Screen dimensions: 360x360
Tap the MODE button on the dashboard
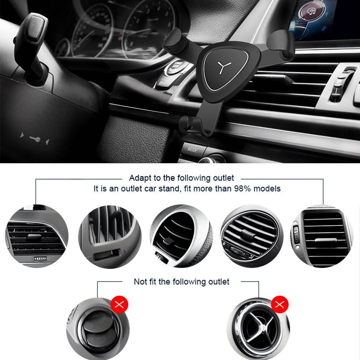point(192,150)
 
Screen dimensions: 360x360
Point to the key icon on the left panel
point(35,138)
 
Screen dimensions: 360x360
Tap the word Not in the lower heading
point(140,282)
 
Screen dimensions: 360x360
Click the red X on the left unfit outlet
point(119,304)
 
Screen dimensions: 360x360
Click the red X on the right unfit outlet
point(280,304)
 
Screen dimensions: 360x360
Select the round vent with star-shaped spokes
point(258,328)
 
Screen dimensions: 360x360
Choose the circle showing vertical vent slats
point(110,236)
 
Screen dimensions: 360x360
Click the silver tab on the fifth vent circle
point(322,240)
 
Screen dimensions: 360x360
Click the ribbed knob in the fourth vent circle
point(247,235)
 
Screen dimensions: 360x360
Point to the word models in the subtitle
point(267,189)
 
